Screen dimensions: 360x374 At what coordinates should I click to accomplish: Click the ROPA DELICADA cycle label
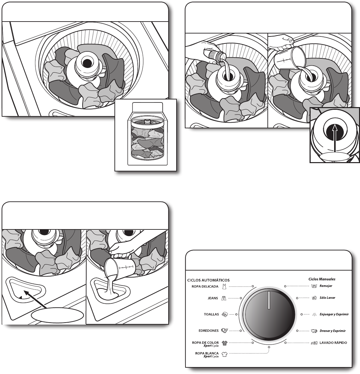pos(205,286)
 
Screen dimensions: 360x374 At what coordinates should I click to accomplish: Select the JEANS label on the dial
pos(213,298)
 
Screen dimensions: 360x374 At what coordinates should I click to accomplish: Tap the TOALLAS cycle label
pos(211,314)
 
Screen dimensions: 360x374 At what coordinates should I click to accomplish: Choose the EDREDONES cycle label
pos(209,331)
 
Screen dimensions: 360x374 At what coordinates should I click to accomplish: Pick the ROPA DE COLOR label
pos(205,343)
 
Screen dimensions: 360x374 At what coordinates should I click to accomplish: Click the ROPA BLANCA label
pos(206,353)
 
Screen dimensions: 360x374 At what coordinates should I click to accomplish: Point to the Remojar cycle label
pos(326,286)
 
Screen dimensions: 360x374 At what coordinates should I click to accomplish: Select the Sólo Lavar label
pos(327,298)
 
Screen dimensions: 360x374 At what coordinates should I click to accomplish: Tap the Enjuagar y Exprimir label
pos(334,314)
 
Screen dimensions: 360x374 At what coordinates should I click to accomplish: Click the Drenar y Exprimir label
pos(333,331)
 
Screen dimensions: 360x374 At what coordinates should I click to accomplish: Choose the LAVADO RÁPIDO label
pos(333,343)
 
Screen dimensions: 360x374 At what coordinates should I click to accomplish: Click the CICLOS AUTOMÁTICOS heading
pos(208,280)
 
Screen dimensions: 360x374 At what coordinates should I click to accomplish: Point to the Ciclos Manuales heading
pos(322,279)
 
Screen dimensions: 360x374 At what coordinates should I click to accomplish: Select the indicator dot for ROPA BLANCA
pos(269,347)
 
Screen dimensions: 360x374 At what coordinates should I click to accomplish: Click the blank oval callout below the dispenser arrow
pos(57,316)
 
